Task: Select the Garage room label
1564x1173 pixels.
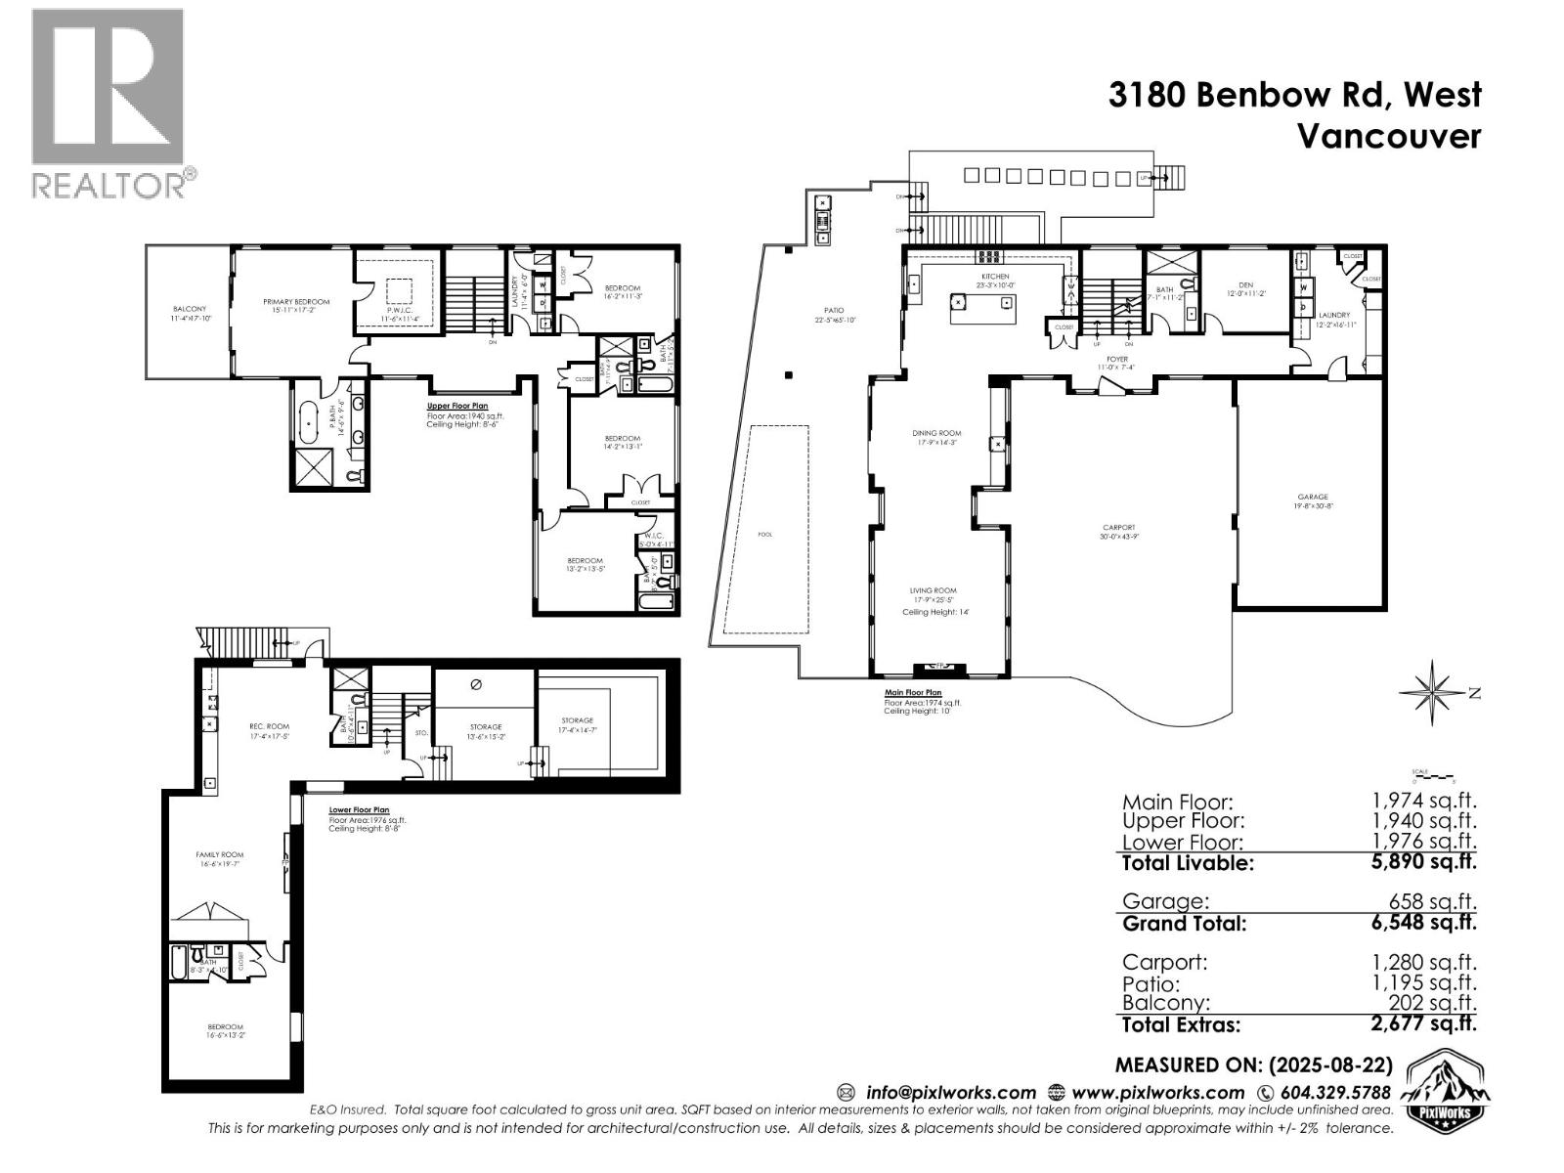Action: pos(1313,497)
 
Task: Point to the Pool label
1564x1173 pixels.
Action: pos(764,535)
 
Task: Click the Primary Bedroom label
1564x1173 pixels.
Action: pos(296,302)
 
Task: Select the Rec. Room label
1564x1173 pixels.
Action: pos(269,726)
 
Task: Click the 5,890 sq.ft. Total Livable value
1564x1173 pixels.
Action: pos(1423,861)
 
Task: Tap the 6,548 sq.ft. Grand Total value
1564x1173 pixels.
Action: pos(1423,922)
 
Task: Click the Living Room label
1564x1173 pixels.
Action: pos(933,590)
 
